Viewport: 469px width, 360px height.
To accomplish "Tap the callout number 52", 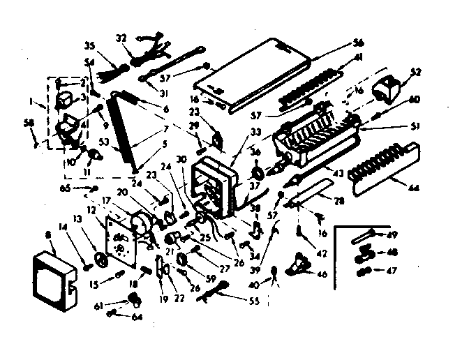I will pyautogui.click(x=417, y=72).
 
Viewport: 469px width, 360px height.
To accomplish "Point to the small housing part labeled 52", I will pyautogui.click(x=390, y=86).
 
